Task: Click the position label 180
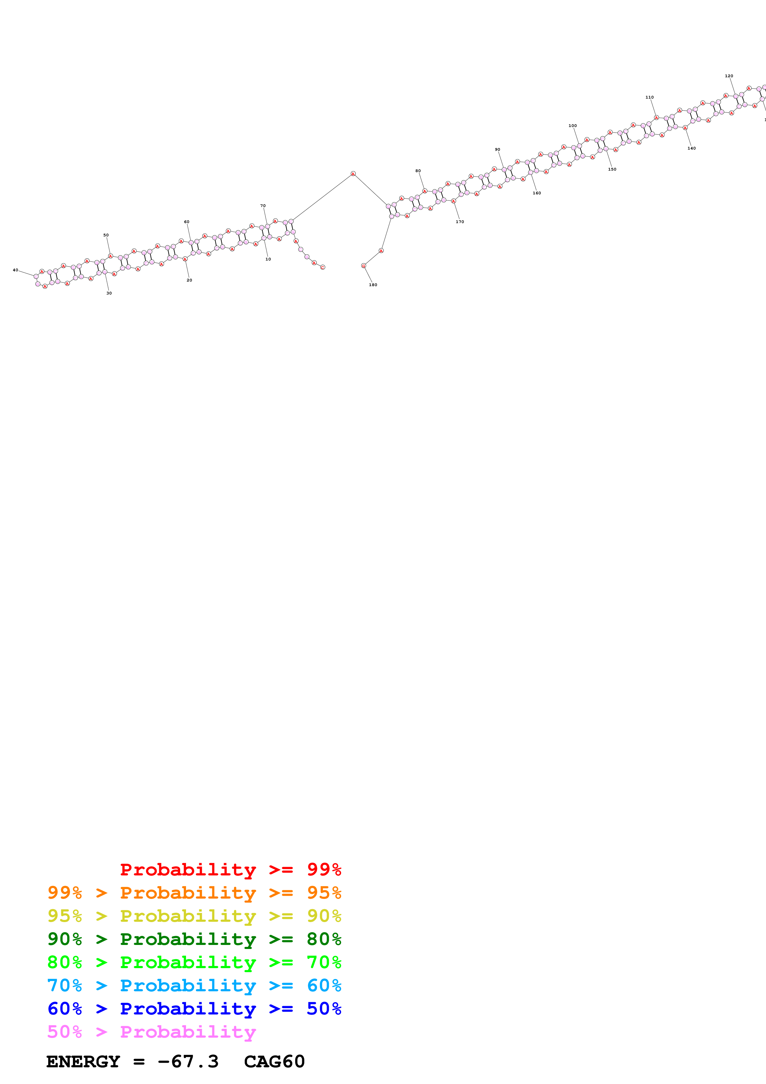click(x=373, y=285)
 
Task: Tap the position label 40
click(x=15, y=270)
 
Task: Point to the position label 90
click(x=497, y=150)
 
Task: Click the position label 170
click(x=460, y=222)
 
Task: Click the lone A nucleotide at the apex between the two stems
click(x=353, y=174)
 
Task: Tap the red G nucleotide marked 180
click(x=363, y=266)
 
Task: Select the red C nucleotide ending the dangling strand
click(x=323, y=267)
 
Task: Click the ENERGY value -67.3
click(x=188, y=1062)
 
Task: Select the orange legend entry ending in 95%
click(x=194, y=893)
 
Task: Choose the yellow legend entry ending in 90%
click(x=194, y=916)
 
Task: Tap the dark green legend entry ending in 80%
click(x=194, y=939)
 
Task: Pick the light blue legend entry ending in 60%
click(x=194, y=985)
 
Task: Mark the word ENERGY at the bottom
click(x=83, y=1062)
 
